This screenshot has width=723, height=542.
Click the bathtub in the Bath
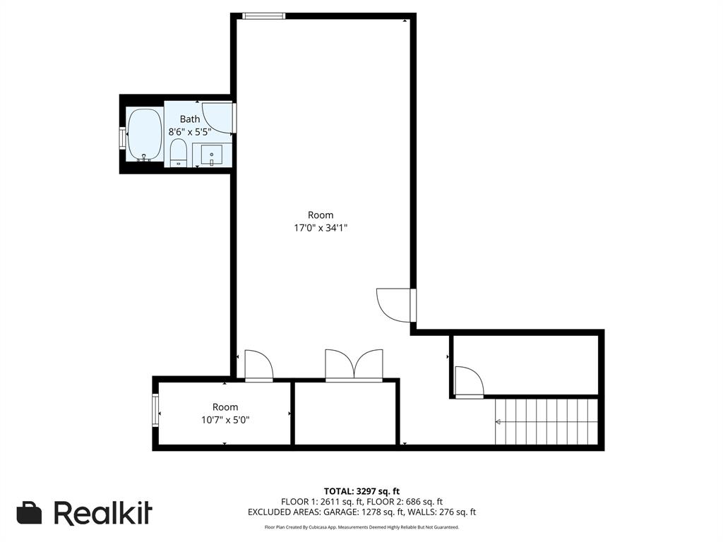tap(144, 134)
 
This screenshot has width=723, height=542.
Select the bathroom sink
tap(211, 155)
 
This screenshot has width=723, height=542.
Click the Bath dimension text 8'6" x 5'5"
tap(190, 131)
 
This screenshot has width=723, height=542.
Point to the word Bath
tap(190, 119)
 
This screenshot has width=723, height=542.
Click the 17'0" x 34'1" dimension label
tap(321, 228)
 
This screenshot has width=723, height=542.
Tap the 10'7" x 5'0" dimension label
tap(225, 419)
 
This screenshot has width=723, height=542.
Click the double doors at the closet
tap(354, 365)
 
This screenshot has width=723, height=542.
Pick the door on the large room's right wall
tap(395, 305)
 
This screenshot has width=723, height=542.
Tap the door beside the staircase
tap(469, 382)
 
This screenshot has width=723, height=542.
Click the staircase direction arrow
tap(498, 422)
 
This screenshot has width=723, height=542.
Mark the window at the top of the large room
tap(263, 16)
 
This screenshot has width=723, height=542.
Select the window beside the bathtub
tap(122, 137)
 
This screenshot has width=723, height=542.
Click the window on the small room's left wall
tap(155, 411)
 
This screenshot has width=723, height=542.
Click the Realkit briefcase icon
tap(29, 513)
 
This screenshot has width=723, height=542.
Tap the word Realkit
tap(103, 513)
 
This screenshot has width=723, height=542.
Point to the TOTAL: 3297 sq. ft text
tap(361, 491)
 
